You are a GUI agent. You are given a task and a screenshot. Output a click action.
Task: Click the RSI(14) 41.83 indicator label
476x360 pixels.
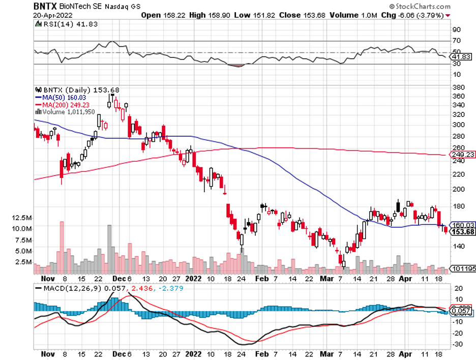(x=63, y=24)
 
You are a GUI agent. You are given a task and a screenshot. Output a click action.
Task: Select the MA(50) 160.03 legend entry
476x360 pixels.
(x=59, y=97)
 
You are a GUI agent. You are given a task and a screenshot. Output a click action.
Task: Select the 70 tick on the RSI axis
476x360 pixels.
(x=456, y=40)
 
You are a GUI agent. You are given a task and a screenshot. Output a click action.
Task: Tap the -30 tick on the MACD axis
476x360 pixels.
(x=458, y=344)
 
